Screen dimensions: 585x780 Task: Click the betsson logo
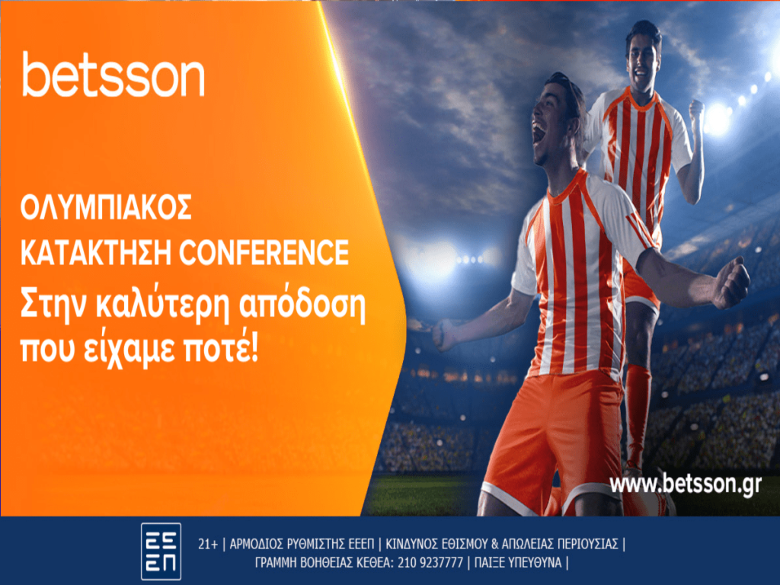(x=113, y=75)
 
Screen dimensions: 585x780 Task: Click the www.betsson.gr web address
(x=686, y=484)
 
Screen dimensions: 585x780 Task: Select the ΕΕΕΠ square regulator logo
(x=161, y=551)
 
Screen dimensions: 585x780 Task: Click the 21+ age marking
(x=207, y=545)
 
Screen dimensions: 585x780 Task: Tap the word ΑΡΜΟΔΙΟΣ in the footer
(x=257, y=545)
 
